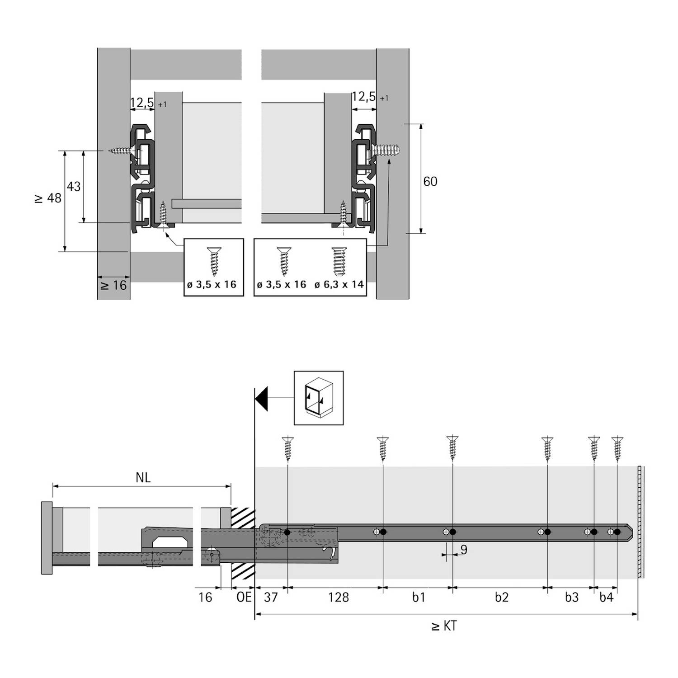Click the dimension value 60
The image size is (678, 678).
[430, 182]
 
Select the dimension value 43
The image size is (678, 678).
[74, 186]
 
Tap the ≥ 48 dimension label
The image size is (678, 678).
[49, 198]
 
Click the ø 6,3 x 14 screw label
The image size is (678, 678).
[339, 285]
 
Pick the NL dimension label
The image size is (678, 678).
[143, 478]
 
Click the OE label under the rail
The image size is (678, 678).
[244, 597]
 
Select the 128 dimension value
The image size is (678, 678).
[338, 598]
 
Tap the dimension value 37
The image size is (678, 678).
[270, 598]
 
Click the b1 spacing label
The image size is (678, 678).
[419, 598]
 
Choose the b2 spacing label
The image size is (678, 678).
[501, 598]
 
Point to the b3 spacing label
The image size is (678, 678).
[571, 598]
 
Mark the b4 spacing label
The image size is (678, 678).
[606, 598]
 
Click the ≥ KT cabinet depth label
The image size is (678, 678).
[444, 626]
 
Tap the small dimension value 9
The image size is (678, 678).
[464, 550]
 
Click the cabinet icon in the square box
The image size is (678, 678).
[319, 398]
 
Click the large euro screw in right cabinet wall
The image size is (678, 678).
[385, 151]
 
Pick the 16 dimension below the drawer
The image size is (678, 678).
[205, 598]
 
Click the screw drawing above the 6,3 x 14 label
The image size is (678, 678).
[339, 261]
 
